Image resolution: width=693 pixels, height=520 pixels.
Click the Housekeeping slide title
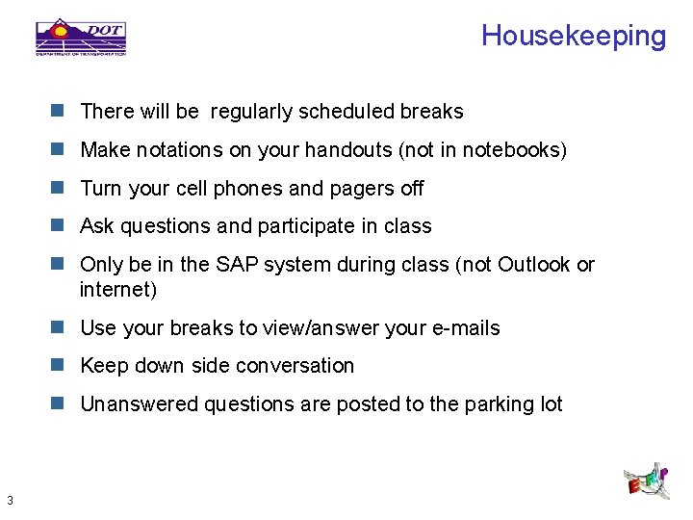573,37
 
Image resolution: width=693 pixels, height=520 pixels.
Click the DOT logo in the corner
81,37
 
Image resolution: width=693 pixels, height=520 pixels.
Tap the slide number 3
9,500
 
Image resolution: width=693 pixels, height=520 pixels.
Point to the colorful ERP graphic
647,479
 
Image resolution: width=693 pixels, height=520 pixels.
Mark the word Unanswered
139,404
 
